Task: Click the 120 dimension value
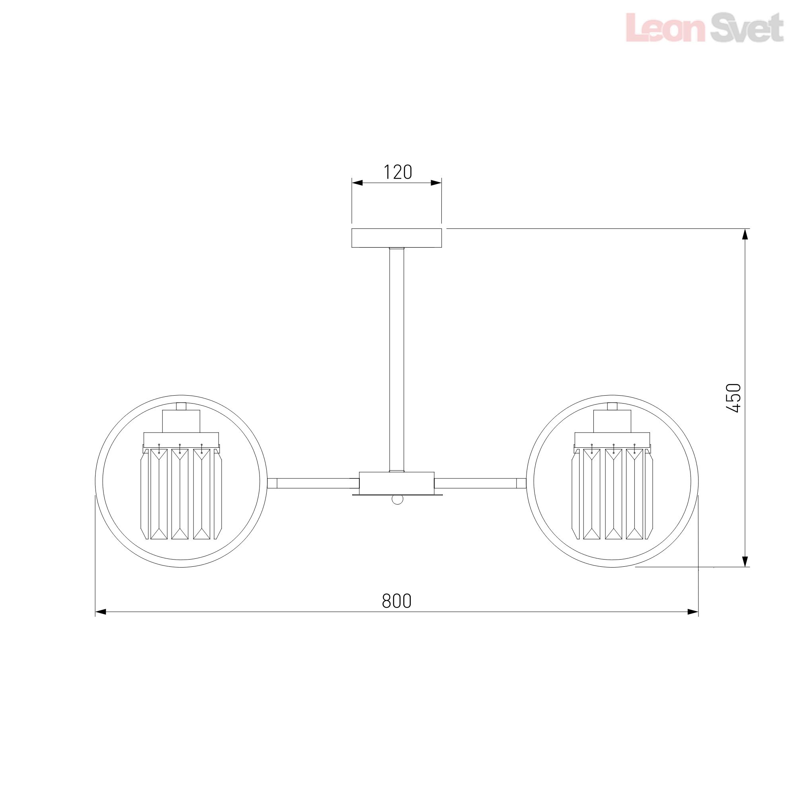click(398, 172)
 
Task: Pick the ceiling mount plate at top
click(397, 238)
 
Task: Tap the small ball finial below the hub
click(397, 500)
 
